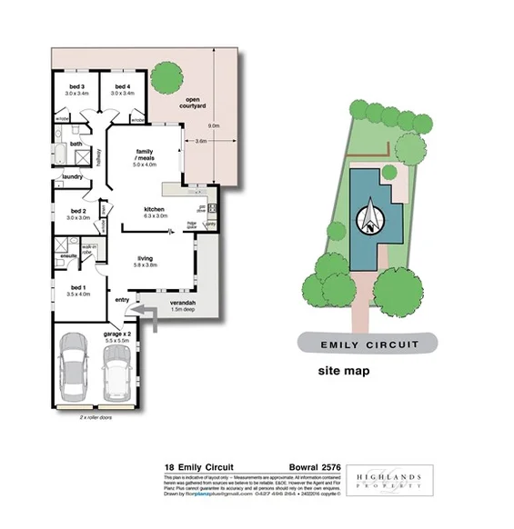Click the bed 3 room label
coord(76,89)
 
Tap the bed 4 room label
coord(121,89)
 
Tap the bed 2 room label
coord(77,214)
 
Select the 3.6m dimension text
coord(201,142)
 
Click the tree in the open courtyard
coord(166,76)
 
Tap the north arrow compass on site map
coord(372,216)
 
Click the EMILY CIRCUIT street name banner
coord(368,344)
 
